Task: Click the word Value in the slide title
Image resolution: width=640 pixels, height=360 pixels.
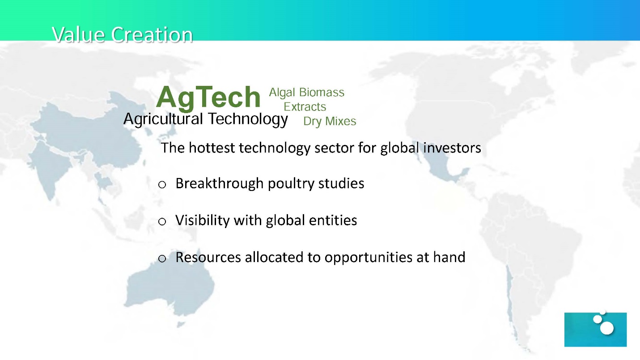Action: pos(78,35)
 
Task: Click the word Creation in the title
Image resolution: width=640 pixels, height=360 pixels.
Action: pos(152,35)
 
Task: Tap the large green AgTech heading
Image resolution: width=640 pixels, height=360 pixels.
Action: pos(208,97)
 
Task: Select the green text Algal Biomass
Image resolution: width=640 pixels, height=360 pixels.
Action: pos(306,93)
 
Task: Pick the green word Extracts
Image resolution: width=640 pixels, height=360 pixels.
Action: pos(305,106)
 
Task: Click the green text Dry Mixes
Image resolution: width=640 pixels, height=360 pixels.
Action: pos(330,122)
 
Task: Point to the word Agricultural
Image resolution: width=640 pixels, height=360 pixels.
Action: pos(163,119)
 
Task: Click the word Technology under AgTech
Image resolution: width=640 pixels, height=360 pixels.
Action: pos(248,119)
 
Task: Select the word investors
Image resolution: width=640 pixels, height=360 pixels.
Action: pos(452,148)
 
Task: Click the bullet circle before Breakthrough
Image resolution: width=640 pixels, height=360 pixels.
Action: pos(162,185)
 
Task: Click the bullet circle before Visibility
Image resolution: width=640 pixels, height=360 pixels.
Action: pos(162,221)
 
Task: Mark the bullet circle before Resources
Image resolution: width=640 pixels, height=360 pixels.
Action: pos(162,258)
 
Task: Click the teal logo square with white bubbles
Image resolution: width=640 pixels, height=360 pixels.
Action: pos(595,330)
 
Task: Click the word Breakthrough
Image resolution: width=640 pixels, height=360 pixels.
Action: pos(220,184)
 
